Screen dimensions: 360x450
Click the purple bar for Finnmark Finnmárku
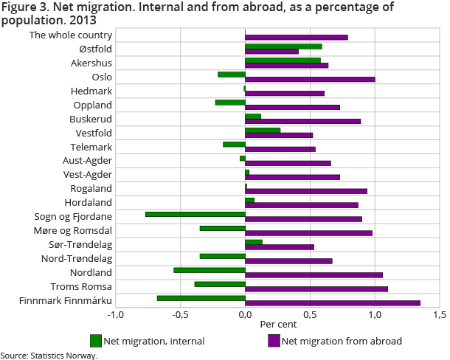[332, 302]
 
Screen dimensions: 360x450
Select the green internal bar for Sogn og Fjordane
[195, 214]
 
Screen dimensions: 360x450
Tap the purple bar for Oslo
[310, 79]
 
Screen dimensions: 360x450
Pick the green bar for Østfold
[283, 46]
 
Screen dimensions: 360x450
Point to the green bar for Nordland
[209, 270]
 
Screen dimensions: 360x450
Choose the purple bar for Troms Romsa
[316, 288]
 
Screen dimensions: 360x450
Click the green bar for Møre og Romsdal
[222, 228]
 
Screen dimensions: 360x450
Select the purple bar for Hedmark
[285, 93]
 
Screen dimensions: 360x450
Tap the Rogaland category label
[91, 188]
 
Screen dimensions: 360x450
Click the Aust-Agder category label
[87, 160]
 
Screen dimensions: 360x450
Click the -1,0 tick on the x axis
[115, 315]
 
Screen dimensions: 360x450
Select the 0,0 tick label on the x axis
[245, 315]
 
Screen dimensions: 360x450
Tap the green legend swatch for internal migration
[95, 341]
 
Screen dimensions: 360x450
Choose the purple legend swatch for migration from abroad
[273, 341]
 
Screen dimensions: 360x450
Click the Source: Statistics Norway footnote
[49, 355]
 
